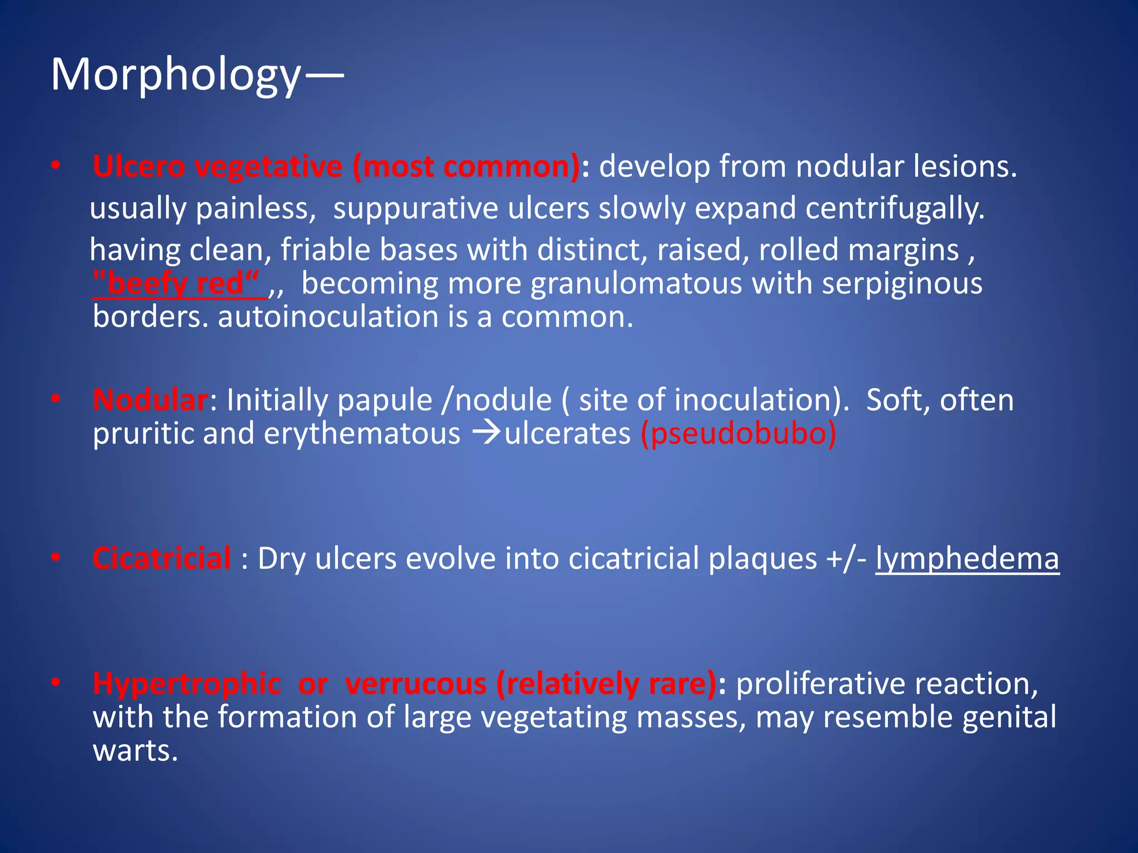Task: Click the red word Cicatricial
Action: point(162,558)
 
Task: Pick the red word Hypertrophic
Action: point(187,684)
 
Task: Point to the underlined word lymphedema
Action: point(967,559)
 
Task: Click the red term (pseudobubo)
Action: point(738,434)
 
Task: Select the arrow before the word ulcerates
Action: point(487,433)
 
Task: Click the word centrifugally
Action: point(895,209)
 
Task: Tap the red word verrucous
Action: point(416,684)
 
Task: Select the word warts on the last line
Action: point(134,751)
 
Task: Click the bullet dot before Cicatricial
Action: point(56,557)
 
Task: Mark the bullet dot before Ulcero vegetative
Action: point(56,165)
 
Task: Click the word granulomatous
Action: point(636,284)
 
